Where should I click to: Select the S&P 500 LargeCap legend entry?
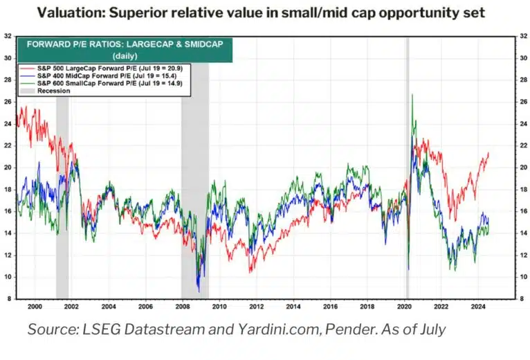90,68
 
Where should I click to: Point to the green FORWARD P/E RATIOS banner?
125,48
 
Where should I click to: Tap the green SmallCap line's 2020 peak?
412,95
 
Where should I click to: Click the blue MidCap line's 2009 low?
199,291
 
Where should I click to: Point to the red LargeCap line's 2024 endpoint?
488,153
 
